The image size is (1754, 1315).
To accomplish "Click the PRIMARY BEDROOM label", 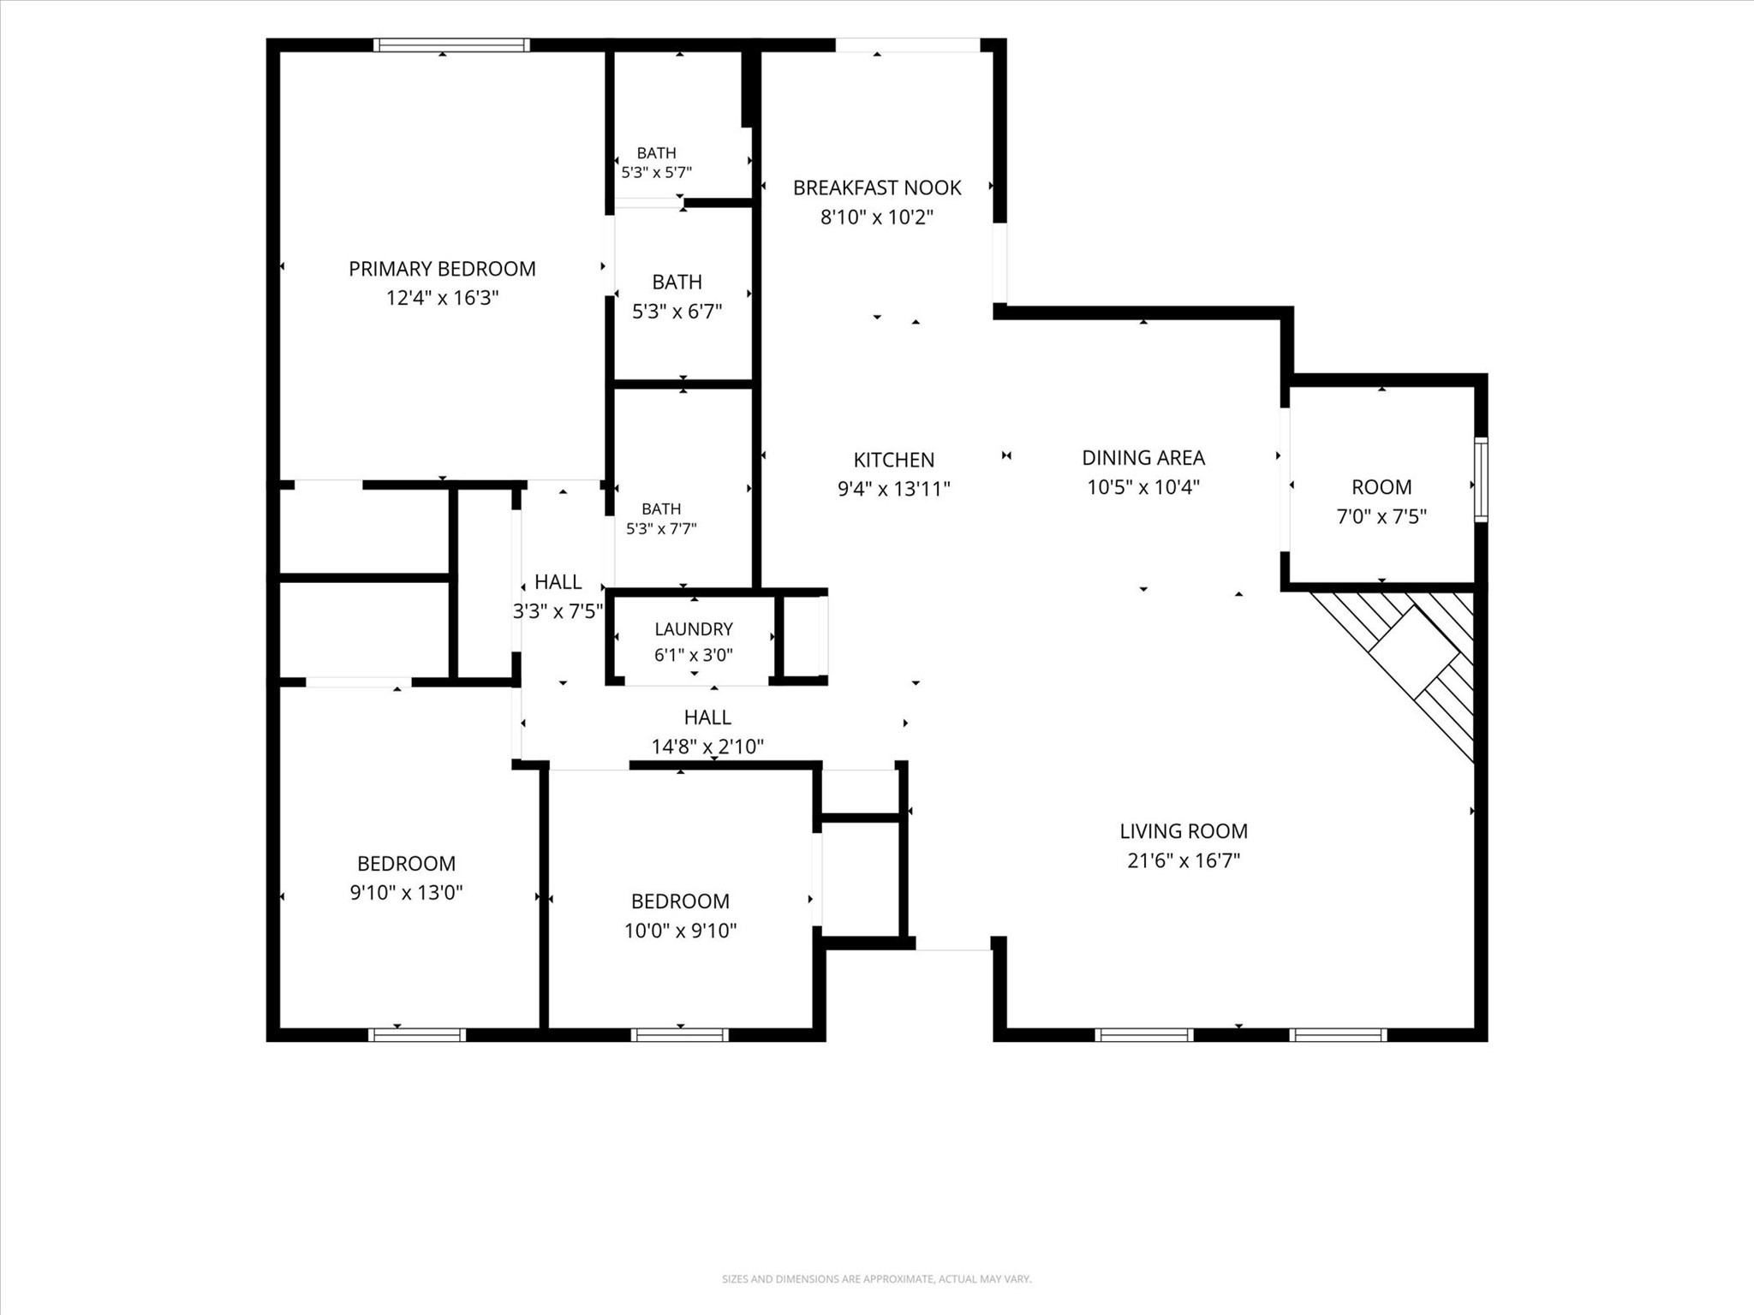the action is (442, 269).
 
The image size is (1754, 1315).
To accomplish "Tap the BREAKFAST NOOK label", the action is (877, 187).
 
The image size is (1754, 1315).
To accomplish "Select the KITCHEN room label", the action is (894, 460).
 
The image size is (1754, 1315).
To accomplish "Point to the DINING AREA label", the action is (1143, 458).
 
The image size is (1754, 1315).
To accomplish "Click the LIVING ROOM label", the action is (1184, 830).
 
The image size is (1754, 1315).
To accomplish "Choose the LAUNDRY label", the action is (694, 629).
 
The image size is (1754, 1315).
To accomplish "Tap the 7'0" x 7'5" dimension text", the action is (1381, 516).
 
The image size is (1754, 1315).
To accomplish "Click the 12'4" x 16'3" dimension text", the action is (442, 298).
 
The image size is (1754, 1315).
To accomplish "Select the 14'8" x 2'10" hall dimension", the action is (707, 747).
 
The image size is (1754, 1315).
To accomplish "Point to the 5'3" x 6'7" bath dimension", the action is (677, 312).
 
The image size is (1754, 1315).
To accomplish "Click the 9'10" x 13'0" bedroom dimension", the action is (406, 893).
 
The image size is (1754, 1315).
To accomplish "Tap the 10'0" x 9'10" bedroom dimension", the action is (680, 931).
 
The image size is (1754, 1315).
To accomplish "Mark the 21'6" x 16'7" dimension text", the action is (1184, 860).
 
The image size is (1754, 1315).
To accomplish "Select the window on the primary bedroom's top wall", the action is (451, 45).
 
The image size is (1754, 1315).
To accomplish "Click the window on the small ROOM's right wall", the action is (1481, 479).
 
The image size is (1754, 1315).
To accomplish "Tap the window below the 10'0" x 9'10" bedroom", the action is (680, 1035).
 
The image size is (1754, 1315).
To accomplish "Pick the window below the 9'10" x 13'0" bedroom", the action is (417, 1035).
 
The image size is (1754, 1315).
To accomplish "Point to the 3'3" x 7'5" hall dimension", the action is (558, 611).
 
